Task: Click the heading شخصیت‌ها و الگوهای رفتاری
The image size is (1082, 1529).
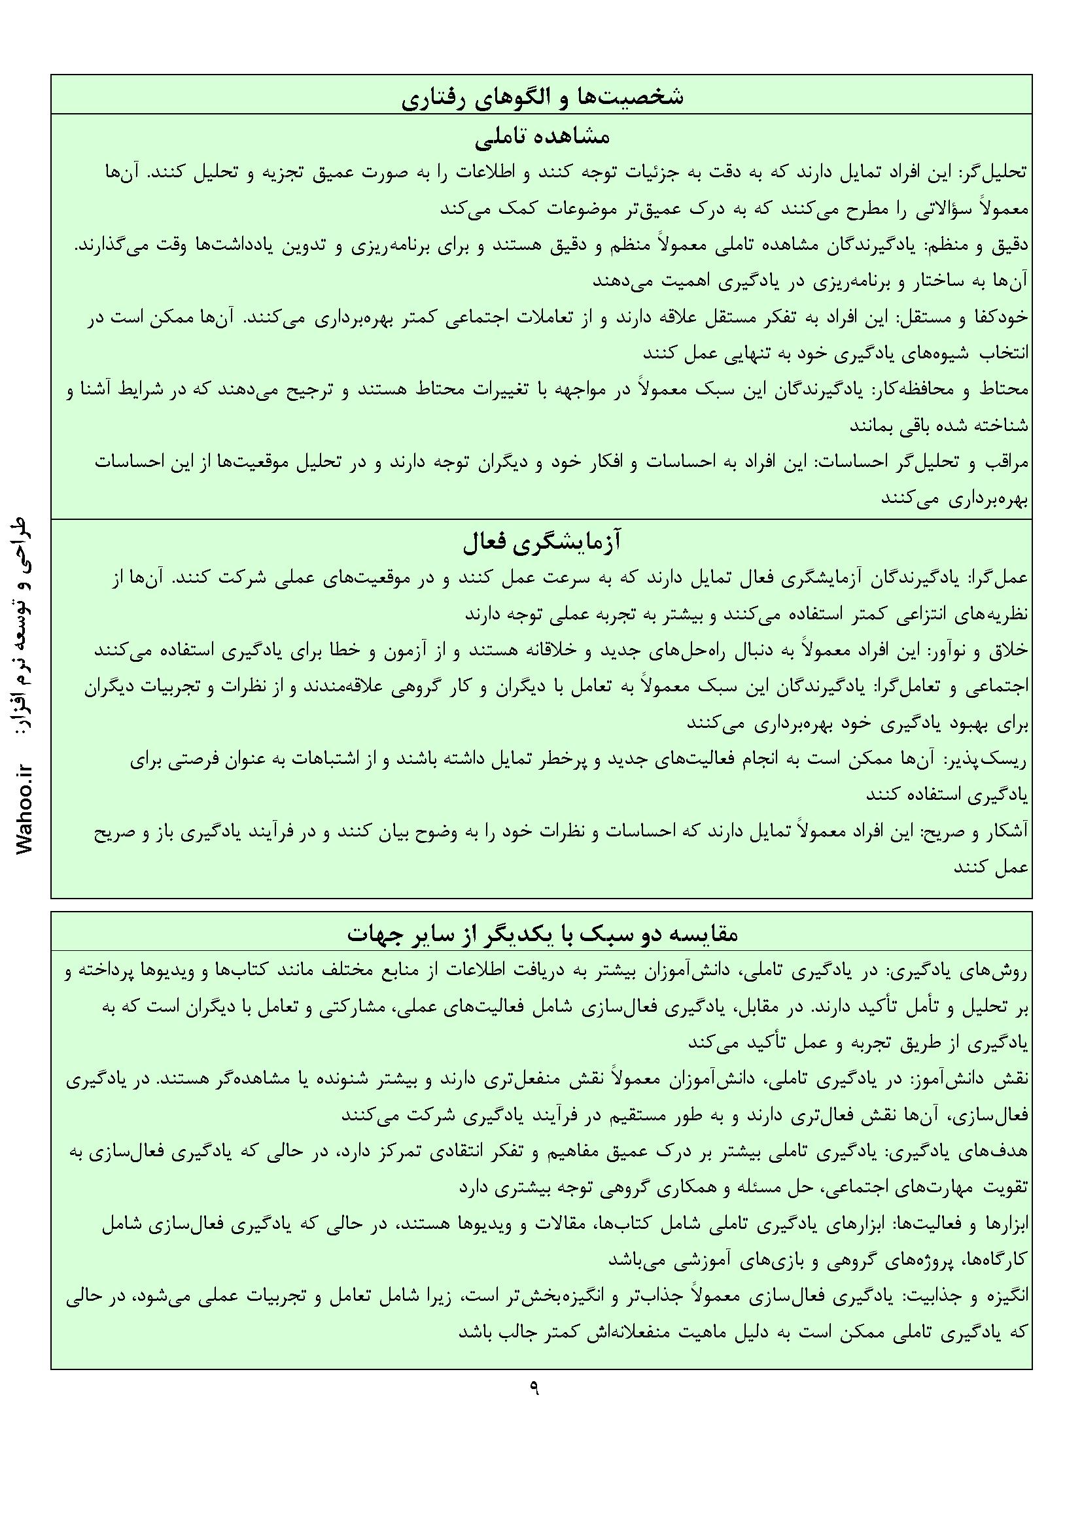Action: tap(542, 97)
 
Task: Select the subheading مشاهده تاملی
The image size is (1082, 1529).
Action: tap(542, 137)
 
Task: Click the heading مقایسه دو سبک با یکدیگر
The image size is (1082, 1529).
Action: tap(542, 933)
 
